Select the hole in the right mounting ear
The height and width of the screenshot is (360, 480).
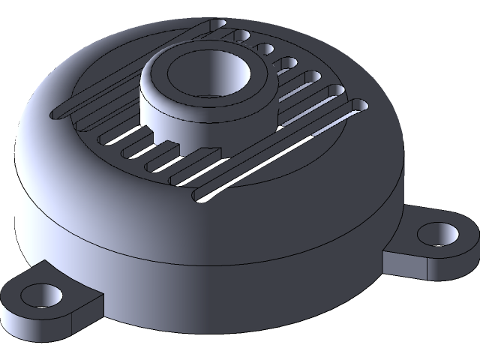(x=437, y=234)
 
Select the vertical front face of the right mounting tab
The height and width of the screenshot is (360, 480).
(x=405, y=264)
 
